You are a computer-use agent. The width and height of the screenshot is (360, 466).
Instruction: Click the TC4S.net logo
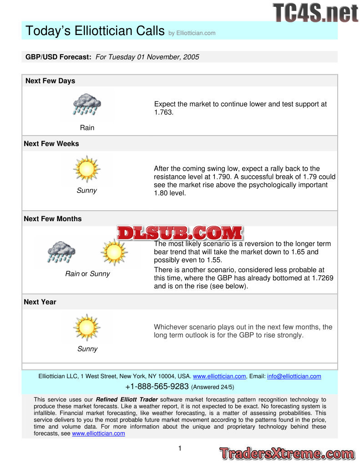(x=315, y=12)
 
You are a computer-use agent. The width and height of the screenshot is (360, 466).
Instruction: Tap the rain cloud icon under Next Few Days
(x=87, y=105)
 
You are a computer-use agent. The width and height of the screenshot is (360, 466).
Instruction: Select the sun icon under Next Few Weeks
(x=86, y=169)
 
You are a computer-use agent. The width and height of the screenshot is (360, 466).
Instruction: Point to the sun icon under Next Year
(x=86, y=327)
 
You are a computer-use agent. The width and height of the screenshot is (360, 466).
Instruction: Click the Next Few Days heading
(x=50, y=81)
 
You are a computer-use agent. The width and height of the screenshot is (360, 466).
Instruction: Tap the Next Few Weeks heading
(x=51, y=144)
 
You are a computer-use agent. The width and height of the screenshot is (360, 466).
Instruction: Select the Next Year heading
(x=40, y=302)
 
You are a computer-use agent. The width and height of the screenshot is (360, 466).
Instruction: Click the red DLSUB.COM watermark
(x=180, y=233)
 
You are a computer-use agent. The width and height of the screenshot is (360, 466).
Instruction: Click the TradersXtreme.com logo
(x=287, y=454)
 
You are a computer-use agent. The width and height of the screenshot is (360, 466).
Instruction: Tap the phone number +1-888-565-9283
(x=157, y=387)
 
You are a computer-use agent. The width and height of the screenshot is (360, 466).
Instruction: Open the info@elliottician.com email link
(x=294, y=376)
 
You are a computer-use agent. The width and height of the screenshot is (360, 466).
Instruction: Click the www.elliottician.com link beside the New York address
(x=219, y=376)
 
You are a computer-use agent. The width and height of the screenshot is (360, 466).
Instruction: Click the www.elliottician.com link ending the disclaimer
(x=98, y=434)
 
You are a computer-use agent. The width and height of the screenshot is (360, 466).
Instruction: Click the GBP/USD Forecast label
(x=58, y=57)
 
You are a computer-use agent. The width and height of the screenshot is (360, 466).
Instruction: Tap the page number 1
(x=180, y=448)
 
